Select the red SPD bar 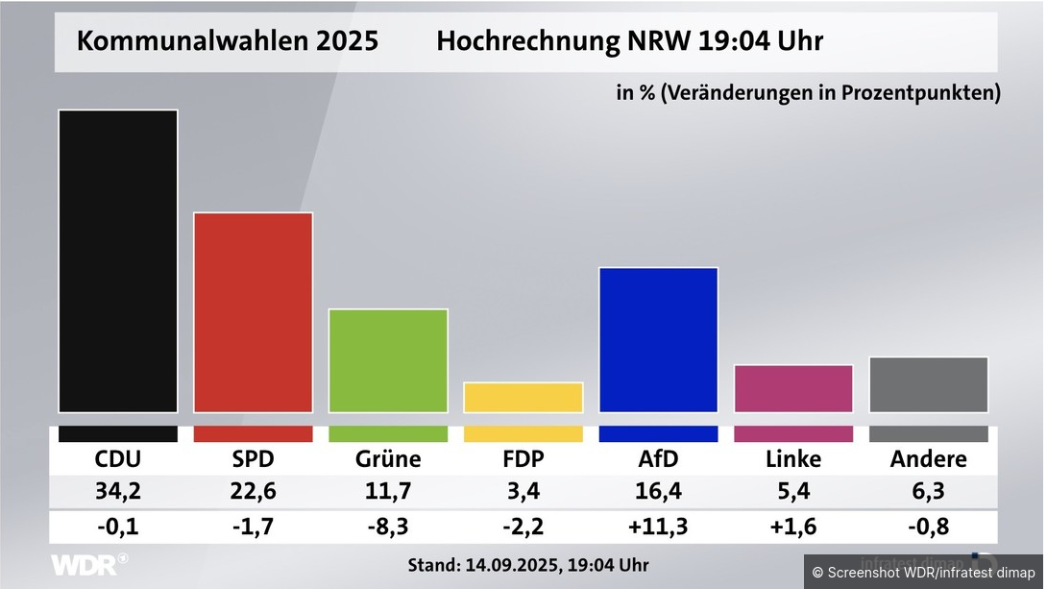(254, 312)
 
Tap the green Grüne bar (388, 360)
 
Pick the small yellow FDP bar (523, 398)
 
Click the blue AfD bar (658, 339)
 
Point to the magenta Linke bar (793, 388)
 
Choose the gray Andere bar (928, 384)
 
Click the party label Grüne (388, 459)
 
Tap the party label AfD (658, 459)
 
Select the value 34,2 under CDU (118, 493)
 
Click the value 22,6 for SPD (254, 493)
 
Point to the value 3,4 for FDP (523, 493)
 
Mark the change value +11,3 (658, 528)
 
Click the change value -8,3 (388, 528)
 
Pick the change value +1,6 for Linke (793, 528)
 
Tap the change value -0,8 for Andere (928, 528)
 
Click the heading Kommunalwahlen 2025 (228, 42)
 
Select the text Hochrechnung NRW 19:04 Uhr (629, 42)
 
